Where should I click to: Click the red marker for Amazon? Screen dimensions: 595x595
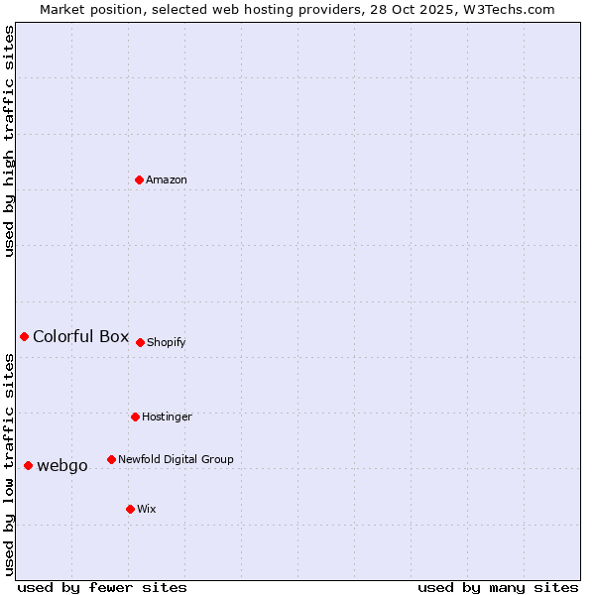coord(140,179)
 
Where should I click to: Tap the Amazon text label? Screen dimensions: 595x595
coord(167,180)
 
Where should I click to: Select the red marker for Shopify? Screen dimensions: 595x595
coord(141,342)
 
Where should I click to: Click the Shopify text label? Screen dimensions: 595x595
coord(167,343)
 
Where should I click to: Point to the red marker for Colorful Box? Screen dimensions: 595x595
coord(25,337)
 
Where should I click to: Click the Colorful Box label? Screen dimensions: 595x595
coord(81,337)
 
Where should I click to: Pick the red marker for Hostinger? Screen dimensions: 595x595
coord(136,416)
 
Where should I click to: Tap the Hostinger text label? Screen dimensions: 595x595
coord(167,417)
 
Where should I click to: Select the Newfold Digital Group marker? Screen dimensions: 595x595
coord(112,459)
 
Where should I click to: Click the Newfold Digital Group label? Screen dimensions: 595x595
coord(176,460)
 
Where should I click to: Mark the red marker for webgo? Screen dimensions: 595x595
coord(29,465)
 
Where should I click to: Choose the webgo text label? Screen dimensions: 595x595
coord(62,466)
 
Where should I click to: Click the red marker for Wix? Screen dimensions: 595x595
coord(131,509)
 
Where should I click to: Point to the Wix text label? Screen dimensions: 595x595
coord(147,510)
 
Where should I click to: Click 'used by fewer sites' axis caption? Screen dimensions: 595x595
coord(102,588)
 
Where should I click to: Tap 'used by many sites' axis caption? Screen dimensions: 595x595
coord(498,588)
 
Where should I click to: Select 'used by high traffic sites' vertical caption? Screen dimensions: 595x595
coord(10,141)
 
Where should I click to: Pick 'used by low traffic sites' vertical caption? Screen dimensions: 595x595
coord(10,465)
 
